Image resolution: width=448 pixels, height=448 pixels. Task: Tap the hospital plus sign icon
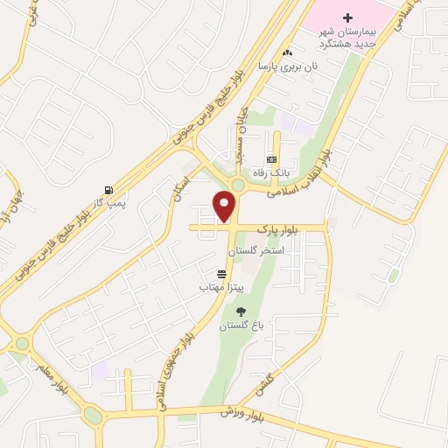(347, 18)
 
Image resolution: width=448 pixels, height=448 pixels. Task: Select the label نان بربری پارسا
(286, 66)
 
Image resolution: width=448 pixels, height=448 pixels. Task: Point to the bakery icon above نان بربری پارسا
(286, 53)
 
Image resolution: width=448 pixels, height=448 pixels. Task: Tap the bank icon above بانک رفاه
(271, 159)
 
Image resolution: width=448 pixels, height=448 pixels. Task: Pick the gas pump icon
(108, 190)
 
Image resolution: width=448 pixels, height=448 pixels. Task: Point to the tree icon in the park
(241, 311)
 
